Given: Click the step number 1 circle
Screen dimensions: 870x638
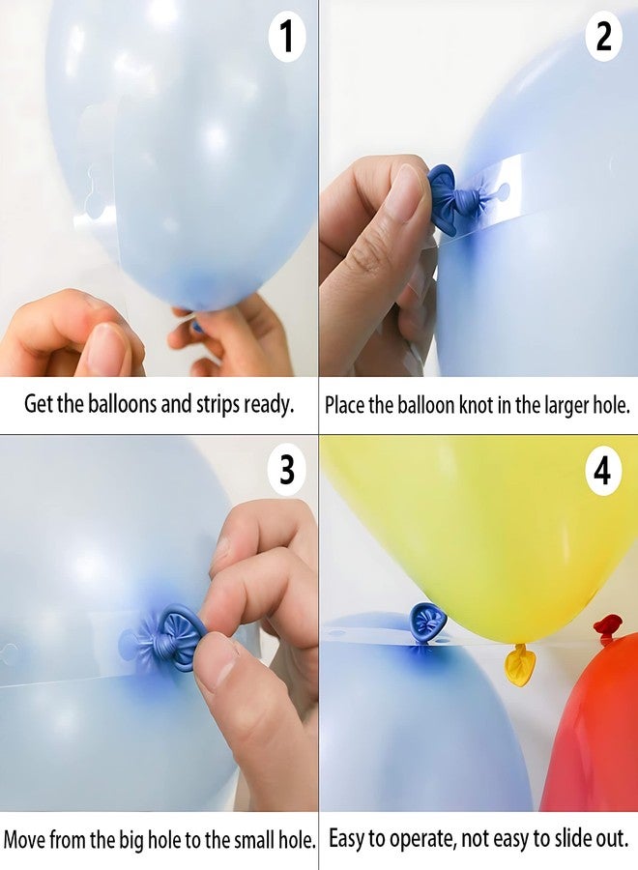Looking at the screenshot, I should pyautogui.click(x=287, y=39).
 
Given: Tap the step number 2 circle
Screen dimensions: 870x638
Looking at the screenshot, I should pyautogui.click(x=604, y=38).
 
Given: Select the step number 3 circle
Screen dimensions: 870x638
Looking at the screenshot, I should pyautogui.click(x=287, y=471).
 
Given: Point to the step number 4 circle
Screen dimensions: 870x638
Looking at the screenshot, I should pyautogui.click(x=603, y=472).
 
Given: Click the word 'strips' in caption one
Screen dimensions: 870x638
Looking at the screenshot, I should pyautogui.click(x=223, y=404).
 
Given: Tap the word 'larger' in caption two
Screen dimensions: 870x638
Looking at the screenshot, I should pyautogui.click(x=559, y=405).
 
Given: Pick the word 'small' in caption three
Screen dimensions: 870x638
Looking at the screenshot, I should pyautogui.click(x=244, y=838).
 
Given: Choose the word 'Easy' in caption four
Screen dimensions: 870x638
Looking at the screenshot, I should pyautogui.click(x=351, y=838).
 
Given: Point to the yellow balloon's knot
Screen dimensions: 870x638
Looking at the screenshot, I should pyautogui.click(x=520, y=666).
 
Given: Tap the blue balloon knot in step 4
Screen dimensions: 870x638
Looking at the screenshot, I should pyautogui.click(x=426, y=622).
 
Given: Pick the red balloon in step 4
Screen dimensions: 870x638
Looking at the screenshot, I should pyautogui.click(x=594, y=735).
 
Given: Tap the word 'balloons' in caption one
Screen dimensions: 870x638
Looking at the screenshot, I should pyautogui.click(x=119, y=404).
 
